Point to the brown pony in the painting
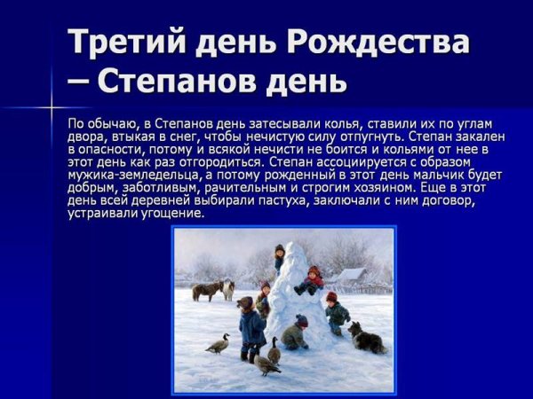click(206, 291)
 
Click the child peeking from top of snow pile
click(279, 257)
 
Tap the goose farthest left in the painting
click(218, 343)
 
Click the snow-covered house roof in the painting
click(351, 275)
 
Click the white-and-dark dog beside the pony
click(229, 289)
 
